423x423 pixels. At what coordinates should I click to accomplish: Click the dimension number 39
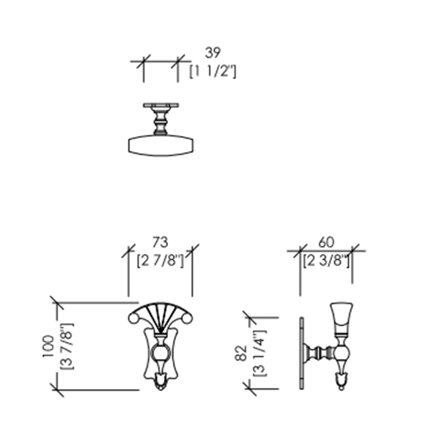point(213,53)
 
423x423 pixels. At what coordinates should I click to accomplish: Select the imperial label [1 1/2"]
point(213,72)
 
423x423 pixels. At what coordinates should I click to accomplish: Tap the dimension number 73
point(160,242)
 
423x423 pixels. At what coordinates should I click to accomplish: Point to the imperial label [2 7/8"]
point(160,261)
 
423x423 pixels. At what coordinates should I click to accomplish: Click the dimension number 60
point(326,242)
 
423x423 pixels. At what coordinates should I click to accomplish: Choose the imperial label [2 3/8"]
point(326,261)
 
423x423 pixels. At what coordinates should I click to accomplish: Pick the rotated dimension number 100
point(48,346)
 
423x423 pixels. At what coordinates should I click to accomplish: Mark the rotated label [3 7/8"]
point(66,346)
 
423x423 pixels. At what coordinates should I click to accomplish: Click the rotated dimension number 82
point(241,353)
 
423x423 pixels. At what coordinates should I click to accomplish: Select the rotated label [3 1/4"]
point(259,353)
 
